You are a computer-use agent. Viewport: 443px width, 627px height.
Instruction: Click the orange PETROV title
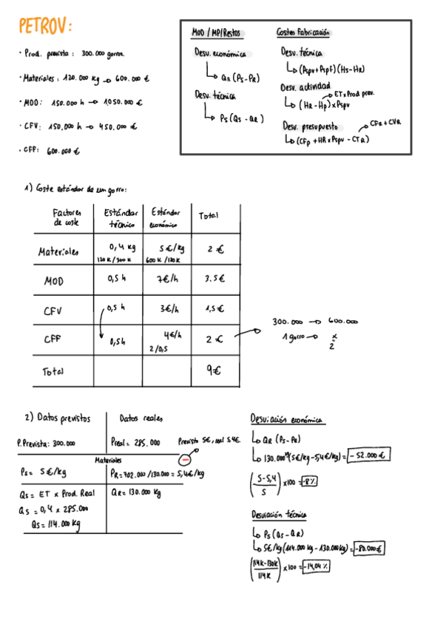[45, 27]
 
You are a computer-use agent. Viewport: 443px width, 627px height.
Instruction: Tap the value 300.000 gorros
[104, 54]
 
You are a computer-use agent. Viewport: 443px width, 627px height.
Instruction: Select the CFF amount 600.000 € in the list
[64, 151]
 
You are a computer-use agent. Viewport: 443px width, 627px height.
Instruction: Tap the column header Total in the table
[209, 215]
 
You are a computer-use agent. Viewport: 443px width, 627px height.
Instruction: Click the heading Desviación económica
[287, 419]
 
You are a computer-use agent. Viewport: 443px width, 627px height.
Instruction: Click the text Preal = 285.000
[135, 442]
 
